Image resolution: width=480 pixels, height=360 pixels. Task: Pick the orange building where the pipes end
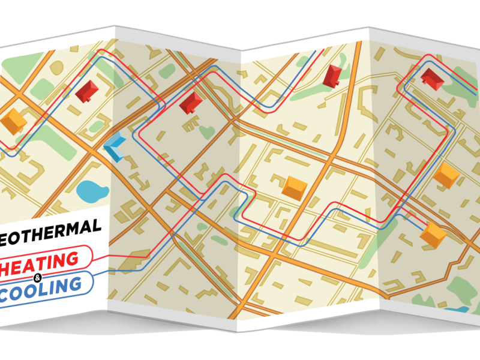tap(433, 235)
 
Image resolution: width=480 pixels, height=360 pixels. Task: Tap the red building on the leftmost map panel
tap(88, 91)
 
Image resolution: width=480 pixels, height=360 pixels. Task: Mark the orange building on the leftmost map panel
tap(14, 121)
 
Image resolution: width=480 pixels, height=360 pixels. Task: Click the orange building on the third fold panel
tap(295, 188)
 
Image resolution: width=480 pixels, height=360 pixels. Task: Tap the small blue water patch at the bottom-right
tap(458, 310)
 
